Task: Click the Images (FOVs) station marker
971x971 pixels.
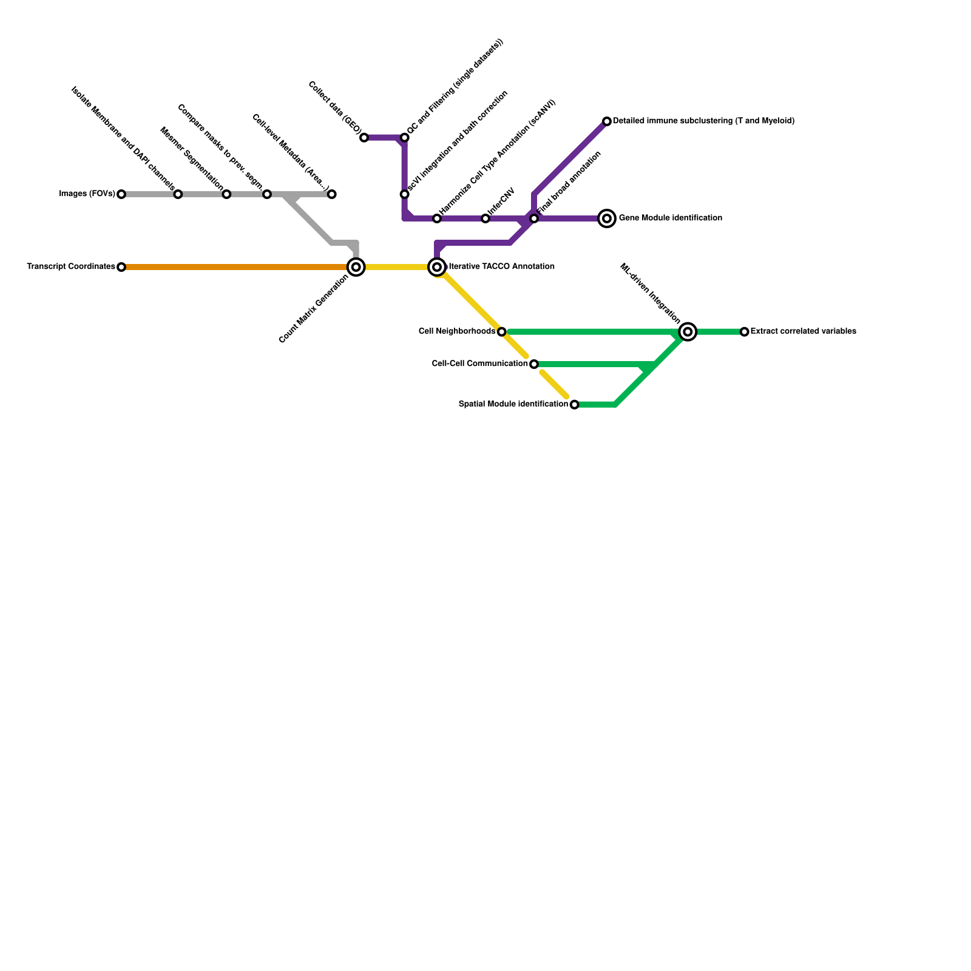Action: point(121,194)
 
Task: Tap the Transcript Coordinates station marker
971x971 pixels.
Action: point(121,267)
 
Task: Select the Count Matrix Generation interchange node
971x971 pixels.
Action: point(356,267)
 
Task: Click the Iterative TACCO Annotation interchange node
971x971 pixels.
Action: point(437,267)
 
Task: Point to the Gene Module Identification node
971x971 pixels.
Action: point(607,218)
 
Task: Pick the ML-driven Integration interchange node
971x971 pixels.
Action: point(688,332)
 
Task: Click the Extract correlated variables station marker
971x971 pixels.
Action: point(745,332)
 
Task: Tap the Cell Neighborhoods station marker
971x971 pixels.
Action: point(501,332)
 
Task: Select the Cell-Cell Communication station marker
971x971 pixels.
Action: point(534,364)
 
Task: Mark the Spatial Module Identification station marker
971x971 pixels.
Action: point(575,405)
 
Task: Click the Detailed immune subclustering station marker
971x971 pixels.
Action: point(607,121)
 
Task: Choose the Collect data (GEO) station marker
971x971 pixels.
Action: point(364,138)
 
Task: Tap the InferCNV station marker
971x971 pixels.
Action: point(486,218)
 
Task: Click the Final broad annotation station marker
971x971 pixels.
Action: point(534,218)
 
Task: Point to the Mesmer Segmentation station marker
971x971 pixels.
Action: point(226,194)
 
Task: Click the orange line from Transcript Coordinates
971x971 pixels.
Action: point(237,267)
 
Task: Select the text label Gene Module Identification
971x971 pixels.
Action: point(670,218)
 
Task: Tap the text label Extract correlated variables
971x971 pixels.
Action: point(803,332)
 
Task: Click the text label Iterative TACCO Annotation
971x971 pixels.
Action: point(501,267)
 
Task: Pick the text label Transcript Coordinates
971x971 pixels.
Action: point(71,267)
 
